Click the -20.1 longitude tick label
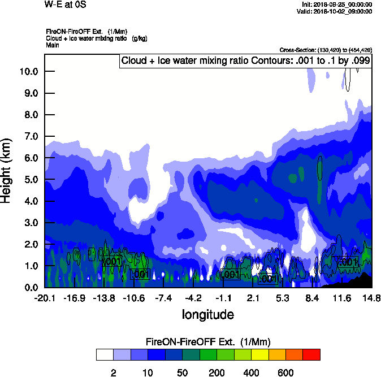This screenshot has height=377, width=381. pyautogui.click(x=44, y=298)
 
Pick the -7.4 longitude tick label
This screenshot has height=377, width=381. pyautogui.click(x=164, y=298)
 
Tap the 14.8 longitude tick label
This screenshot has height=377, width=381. pyautogui.click(x=371, y=298)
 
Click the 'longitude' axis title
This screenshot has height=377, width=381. pyautogui.click(x=207, y=314)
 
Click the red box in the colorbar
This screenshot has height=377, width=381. pyautogui.click(x=311, y=355)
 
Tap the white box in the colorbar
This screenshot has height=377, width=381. pyautogui.click(x=105, y=355)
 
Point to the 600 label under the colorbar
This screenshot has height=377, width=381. pyautogui.click(x=285, y=372)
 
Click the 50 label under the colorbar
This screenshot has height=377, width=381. pyautogui.click(x=183, y=372)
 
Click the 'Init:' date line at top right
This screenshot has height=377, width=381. pyautogui.click(x=337, y=5)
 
